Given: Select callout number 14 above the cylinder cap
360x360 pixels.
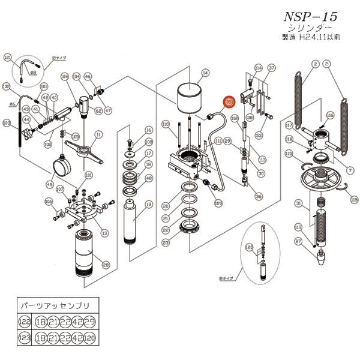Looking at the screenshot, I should coord(205,73).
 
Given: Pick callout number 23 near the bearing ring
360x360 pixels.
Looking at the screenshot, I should coord(165,242).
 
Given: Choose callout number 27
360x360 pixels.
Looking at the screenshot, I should coord(314,241).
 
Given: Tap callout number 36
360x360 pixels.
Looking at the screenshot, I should coord(259,196).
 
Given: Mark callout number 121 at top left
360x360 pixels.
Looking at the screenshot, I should coord(8,58).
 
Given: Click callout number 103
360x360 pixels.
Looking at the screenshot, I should coord(7,123).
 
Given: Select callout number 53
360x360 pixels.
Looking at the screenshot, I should coord(260,135).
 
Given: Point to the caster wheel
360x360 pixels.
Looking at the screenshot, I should coord(62,163).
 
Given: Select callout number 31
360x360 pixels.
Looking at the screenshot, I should coord(298,204).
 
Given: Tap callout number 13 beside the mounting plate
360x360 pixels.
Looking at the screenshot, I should coord(104,232).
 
